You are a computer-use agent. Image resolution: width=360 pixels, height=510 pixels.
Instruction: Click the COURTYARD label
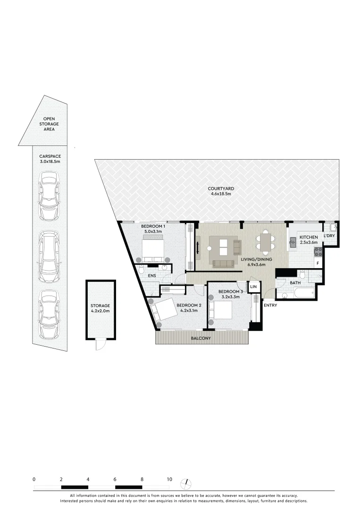pos(221,191)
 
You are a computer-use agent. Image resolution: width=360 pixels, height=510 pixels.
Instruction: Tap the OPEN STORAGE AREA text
pos(49,124)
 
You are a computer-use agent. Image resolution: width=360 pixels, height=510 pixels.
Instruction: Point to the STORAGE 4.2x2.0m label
pos(100,308)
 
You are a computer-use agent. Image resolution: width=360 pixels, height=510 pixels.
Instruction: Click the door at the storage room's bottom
pos(100,346)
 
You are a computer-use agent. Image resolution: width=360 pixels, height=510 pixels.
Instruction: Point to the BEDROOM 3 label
pos(231,291)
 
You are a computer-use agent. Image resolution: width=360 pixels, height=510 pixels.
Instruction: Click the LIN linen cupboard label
pos(253,287)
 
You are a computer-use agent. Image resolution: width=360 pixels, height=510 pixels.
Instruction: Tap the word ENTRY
pos(271,305)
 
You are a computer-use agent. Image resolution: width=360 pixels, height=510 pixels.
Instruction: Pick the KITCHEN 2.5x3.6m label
pos(309,239)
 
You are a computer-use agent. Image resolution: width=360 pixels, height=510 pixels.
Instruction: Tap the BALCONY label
pos(201,339)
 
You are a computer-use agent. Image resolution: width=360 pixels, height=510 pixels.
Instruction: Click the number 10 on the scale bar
pos(169,479)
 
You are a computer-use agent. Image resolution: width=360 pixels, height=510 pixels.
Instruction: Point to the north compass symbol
pos(187,483)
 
